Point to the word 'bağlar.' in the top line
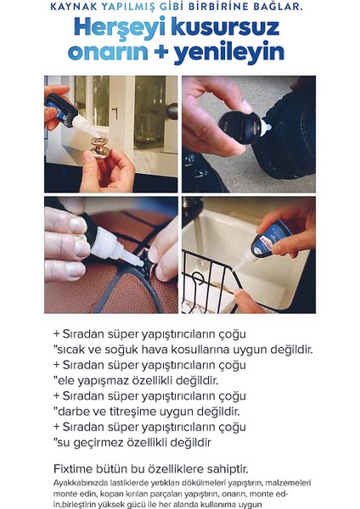(x=279, y=8)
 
